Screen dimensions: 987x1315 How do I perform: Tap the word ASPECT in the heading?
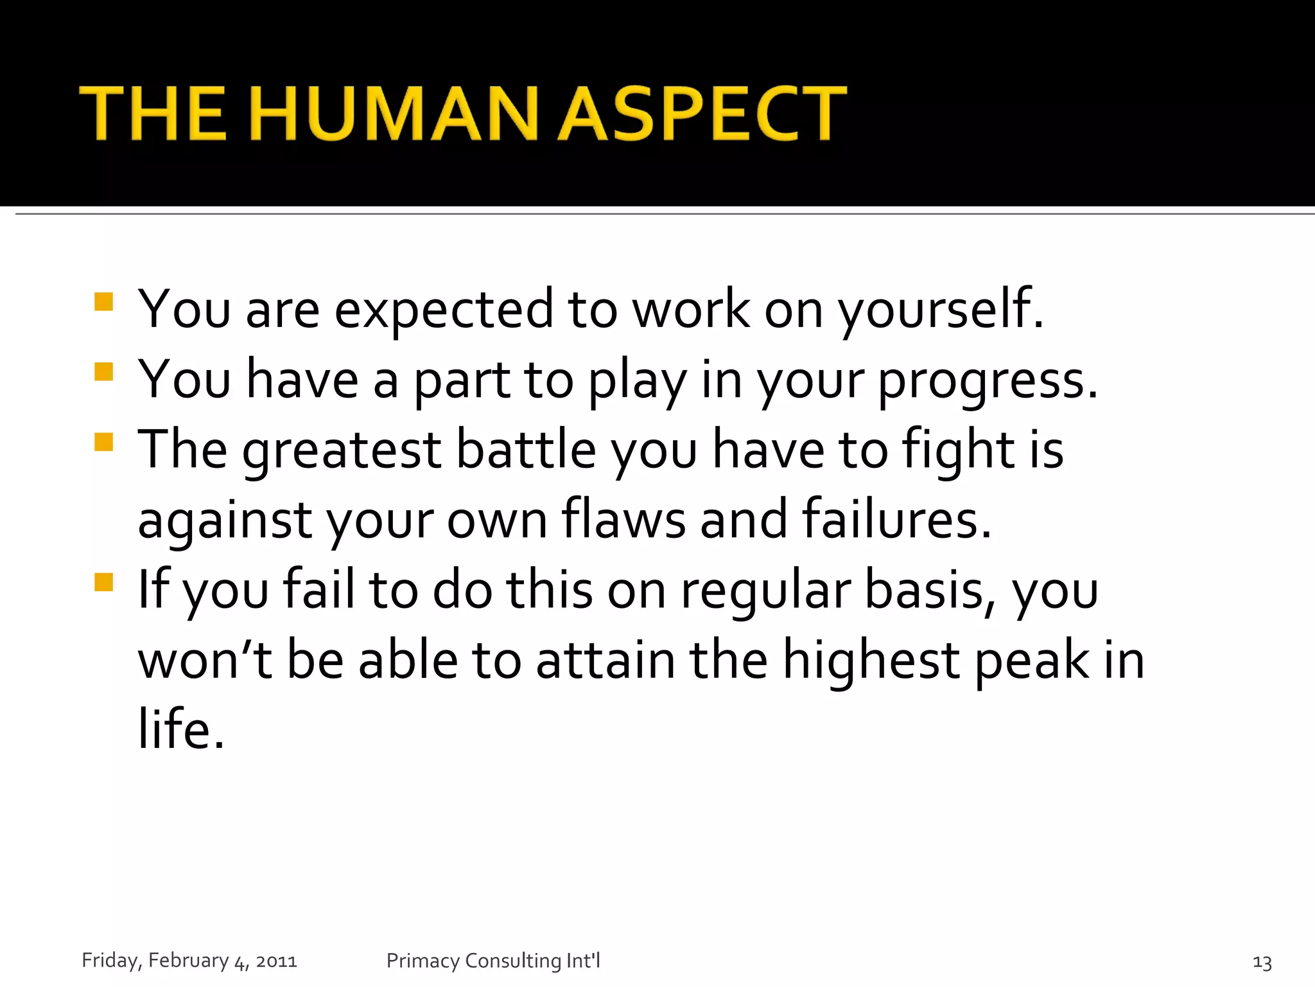703,114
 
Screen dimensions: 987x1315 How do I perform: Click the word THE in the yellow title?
153,114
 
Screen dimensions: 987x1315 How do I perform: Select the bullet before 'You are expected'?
103,302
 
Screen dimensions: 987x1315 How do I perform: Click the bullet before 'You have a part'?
103,372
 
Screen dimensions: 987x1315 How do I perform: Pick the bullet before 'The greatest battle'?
103,442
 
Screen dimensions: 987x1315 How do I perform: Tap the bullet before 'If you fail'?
103,582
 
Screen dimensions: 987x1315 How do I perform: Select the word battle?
526,450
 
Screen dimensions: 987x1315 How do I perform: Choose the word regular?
765,591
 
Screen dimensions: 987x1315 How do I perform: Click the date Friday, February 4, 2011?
189,961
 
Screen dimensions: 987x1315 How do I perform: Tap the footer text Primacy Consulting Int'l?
493,961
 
